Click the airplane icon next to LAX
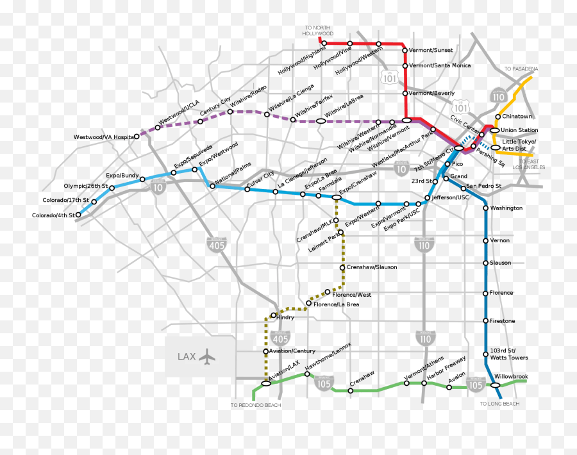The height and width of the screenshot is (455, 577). pos(207,356)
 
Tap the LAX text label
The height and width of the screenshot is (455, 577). pos(187,356)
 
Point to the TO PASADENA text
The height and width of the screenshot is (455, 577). pos(521,69)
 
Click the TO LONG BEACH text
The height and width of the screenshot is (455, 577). pos(499,404)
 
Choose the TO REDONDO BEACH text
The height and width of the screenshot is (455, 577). pos(256,405)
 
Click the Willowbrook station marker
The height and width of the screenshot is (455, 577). pos(495,385)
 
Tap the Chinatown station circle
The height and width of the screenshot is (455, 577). pos(498,117)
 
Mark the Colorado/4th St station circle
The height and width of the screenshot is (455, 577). pos(78,215)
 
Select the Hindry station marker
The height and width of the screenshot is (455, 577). pos(273,315)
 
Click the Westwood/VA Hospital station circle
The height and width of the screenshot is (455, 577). pos(137,136)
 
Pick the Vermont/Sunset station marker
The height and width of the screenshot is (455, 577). pos(405,50)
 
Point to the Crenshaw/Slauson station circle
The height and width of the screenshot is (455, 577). pos(342,267)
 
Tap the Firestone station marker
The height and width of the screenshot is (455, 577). pos(485,321)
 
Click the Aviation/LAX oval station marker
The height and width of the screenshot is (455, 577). pos(266,384)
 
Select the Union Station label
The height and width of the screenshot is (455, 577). pos(519,131)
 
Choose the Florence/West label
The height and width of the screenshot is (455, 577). pos(352,295)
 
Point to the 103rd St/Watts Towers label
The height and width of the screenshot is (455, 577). pos(508,354)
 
